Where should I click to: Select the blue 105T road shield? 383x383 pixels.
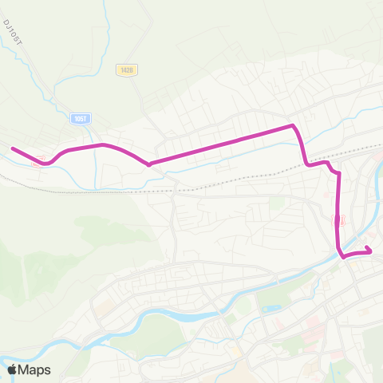click(78, 118)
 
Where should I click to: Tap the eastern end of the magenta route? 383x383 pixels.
click(371, 252)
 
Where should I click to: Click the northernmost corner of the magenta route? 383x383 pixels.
click(294, 125)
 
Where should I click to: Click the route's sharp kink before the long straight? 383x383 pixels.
click(149, 164)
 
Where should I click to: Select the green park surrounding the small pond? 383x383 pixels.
click(271, 300)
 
